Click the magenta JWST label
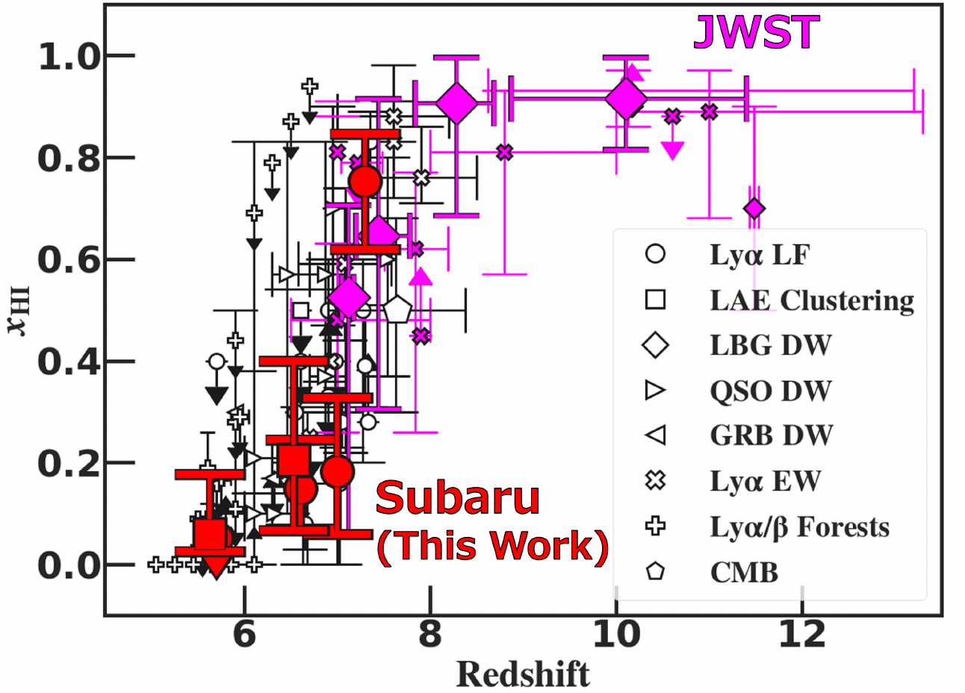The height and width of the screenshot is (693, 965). [756, 33]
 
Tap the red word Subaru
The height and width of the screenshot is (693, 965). [457, 497]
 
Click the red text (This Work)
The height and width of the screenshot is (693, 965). [492, 546]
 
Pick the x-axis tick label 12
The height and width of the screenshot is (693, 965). [801, 634]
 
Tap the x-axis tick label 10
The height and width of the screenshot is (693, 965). [615, 634]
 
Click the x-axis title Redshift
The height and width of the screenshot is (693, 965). [523, 674]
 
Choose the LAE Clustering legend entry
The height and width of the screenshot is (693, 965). [811, 300]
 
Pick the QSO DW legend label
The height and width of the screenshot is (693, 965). [770, 391]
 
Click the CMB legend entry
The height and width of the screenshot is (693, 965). [744, 573]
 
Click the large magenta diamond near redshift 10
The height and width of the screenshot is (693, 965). [626, 99]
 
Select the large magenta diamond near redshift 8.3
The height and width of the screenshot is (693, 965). [456, 104]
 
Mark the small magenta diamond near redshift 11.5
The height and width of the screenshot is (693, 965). [754, 208]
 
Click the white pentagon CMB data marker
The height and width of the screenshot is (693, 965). [397, 309]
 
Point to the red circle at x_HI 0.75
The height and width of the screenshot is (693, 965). [365, 181]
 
